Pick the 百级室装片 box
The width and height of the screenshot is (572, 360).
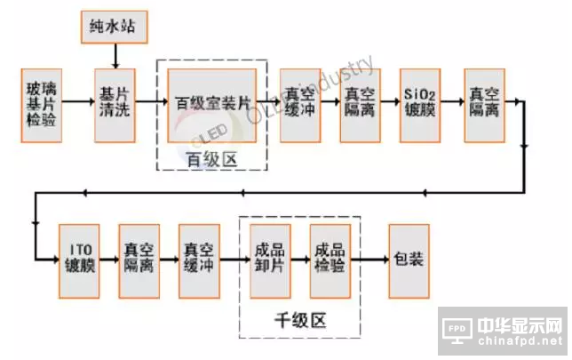[211, 104]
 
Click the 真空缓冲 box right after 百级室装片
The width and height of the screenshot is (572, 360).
[300, 104]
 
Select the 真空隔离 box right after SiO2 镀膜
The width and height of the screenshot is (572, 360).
[485, 104]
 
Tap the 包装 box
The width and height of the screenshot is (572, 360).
[409, 260]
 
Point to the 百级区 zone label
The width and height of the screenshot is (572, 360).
[211, 159]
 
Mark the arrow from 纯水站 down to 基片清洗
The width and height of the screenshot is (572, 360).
[115, 56]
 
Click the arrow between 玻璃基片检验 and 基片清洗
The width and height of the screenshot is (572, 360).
[78, 104]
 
